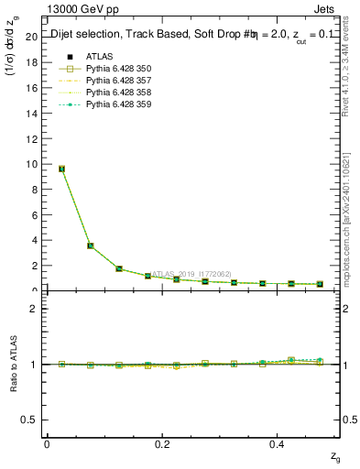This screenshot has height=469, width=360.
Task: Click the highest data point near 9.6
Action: tap(61, 169)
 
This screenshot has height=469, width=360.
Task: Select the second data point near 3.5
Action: tap(90, 245)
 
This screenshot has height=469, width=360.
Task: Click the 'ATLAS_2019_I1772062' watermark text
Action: tap(191, 273)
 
